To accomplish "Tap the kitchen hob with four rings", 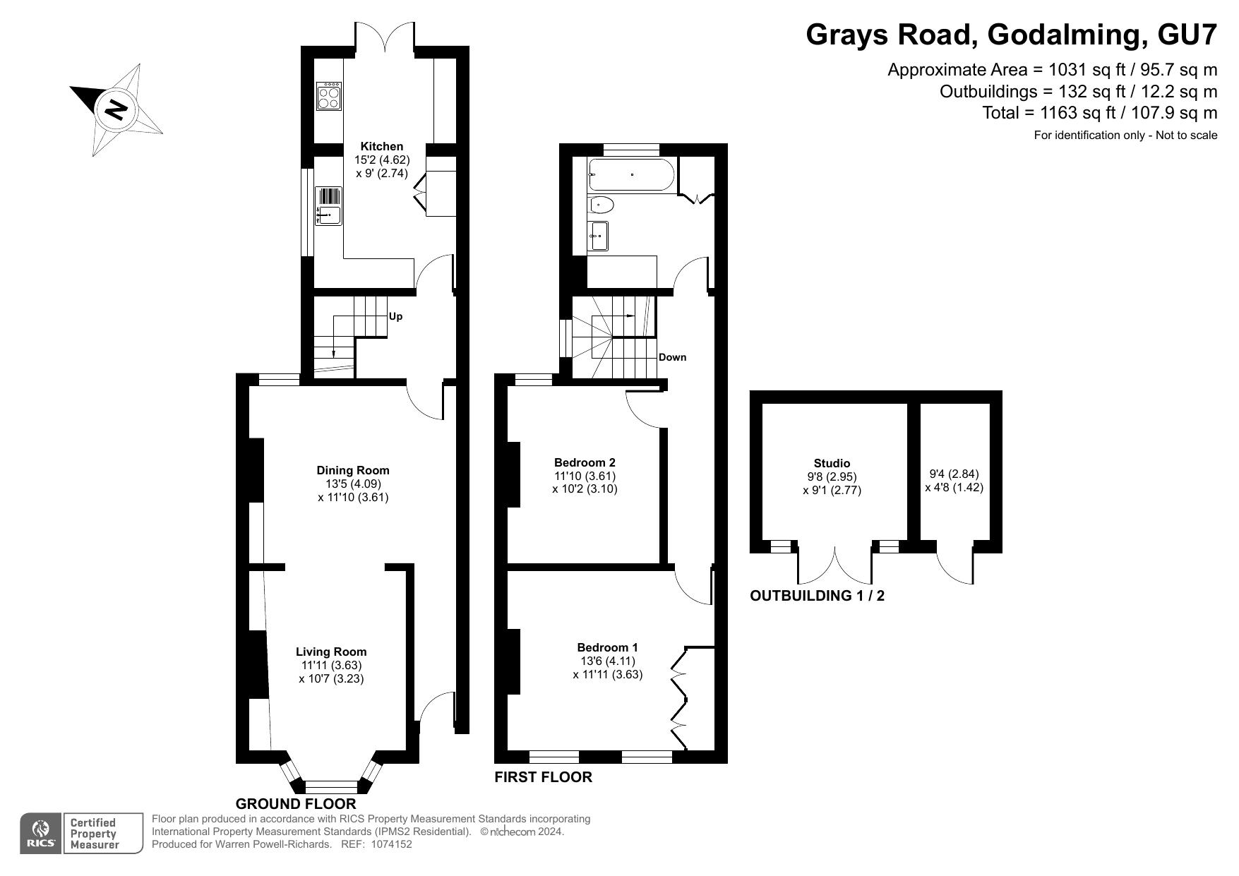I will click(329, 97).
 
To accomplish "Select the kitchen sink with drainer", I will click(329, 206).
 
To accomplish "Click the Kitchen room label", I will click(382, 147).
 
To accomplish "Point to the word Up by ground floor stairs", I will click(395, 316).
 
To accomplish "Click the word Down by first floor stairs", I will click(672, 357).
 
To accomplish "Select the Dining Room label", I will click(353, 470).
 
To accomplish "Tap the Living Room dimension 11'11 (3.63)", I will click(331, 666).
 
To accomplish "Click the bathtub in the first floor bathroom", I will click(631, 174).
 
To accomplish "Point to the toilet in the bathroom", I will click(601, 205).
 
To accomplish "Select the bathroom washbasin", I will click(599, 236).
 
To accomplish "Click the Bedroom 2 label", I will click(585, 462).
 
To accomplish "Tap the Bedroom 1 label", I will click(607, 647).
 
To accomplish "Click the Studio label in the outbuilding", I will click(832, 464).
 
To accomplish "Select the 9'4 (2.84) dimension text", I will click(954, 474).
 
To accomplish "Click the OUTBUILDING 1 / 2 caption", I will click(817, 596).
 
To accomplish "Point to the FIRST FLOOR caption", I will click(543, 778).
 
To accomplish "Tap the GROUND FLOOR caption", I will click(296, 804).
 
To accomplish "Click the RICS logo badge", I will click(41, 834).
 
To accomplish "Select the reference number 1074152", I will click(386, 844).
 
